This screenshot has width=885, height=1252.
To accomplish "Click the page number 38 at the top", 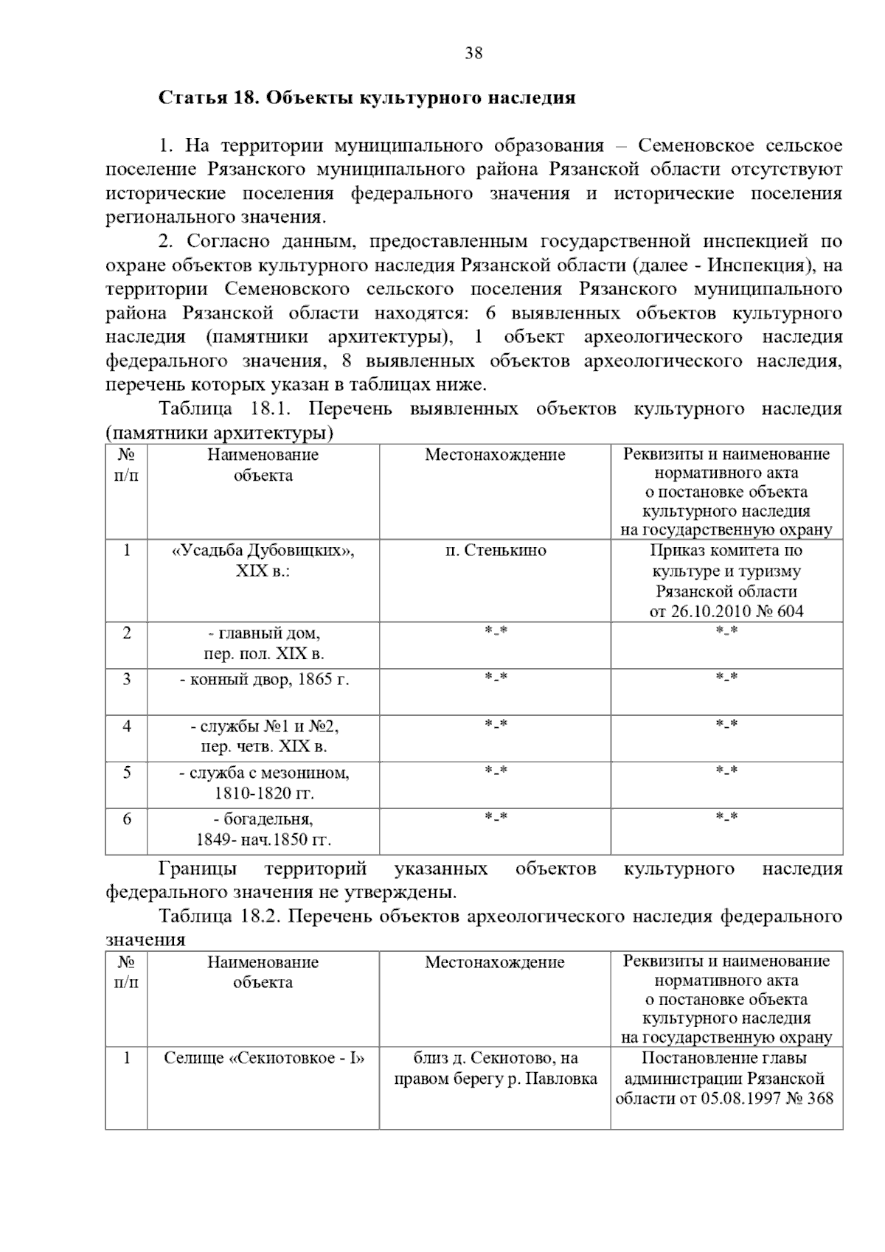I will click(473, 53).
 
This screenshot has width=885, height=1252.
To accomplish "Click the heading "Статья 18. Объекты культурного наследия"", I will click(367, 98).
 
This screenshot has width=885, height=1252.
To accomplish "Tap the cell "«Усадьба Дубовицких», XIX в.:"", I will click(263, 560).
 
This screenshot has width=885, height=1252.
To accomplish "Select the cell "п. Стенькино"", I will click(495, 551).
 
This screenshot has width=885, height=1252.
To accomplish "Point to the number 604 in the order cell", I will click(789, 611).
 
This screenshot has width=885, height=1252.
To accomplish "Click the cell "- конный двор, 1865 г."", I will click(264, 680).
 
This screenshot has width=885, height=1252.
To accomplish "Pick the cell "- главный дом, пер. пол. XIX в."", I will click(264, 643).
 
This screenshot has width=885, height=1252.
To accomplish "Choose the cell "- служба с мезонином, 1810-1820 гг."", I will click(264, 783).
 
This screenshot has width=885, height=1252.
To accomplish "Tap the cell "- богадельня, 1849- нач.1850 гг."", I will click(264, 830).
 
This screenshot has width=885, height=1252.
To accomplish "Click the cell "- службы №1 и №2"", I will click(264, 727).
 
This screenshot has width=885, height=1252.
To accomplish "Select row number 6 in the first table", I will click(127, 819).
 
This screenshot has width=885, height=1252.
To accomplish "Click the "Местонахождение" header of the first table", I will click(495, 455).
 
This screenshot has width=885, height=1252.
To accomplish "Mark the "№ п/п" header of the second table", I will click(126, 972).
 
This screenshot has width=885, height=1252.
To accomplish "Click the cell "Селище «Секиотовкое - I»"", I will click(264, 1059).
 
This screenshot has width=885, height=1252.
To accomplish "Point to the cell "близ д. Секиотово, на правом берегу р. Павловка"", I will click(495, 1069).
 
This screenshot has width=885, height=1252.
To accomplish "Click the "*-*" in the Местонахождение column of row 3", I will click(495, 677).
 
